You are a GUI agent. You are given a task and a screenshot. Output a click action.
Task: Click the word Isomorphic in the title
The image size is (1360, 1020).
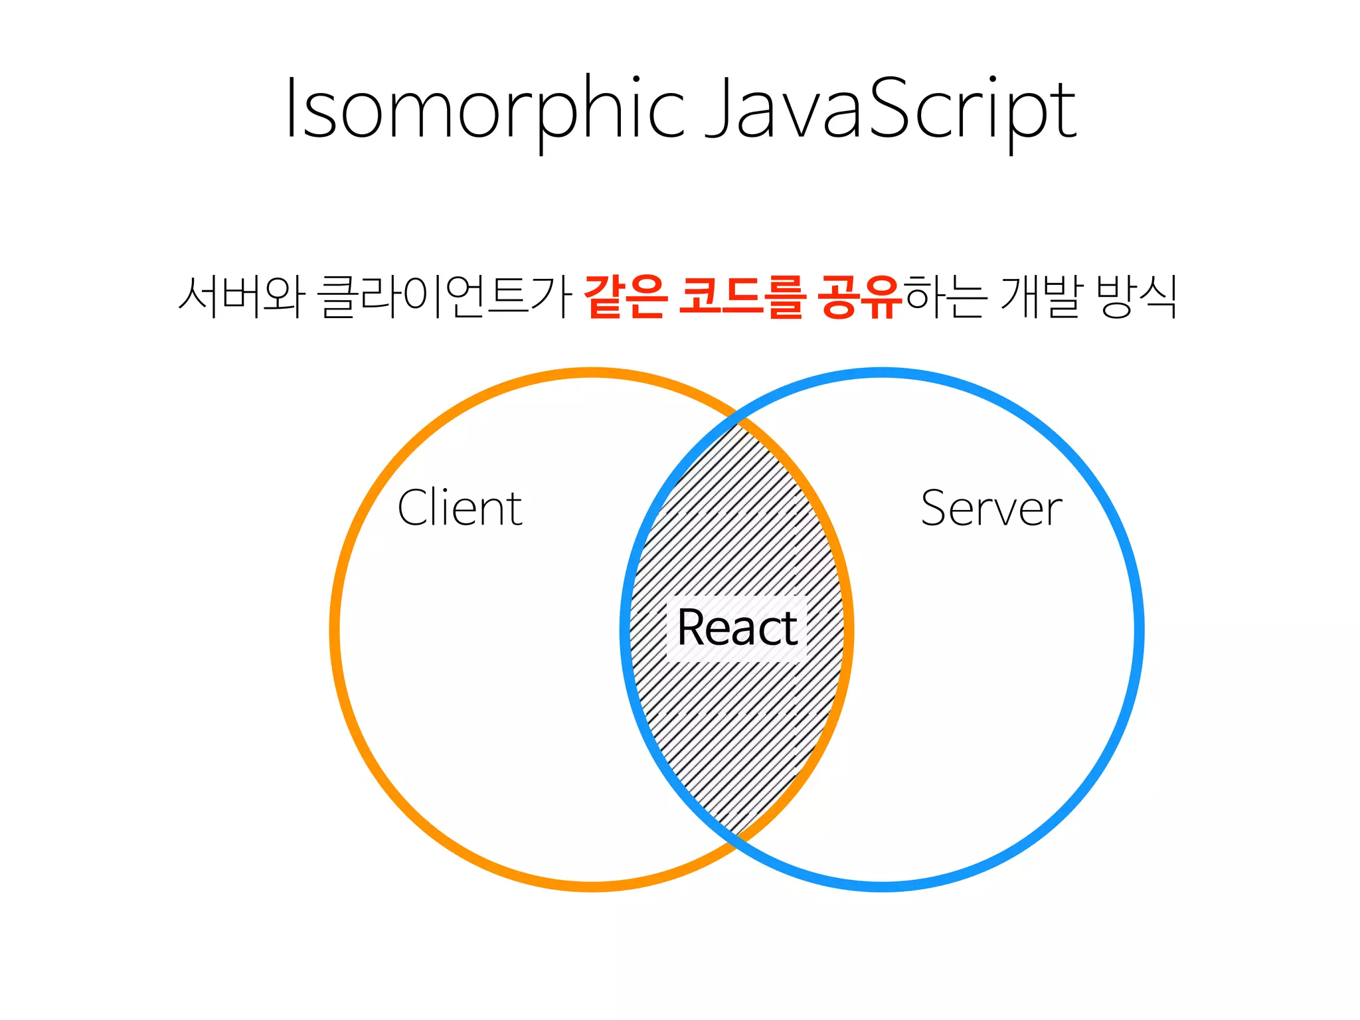tap(485, 110)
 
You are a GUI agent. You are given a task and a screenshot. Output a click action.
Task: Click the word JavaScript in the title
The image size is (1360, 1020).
tap(890, 110)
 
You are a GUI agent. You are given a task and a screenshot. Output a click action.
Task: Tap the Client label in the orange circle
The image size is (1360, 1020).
tap(460, 508)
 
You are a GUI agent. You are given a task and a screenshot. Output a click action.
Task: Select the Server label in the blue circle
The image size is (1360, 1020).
tap(991, 508)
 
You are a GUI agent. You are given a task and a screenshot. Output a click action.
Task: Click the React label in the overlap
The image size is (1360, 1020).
tap(737, 628)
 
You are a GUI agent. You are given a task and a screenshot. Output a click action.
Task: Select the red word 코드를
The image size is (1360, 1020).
tap(742, 296)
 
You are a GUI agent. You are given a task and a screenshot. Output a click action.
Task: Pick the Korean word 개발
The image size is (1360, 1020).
tap(1041, 296)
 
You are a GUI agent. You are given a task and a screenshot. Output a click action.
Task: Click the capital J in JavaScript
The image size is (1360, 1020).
tap(717, 106)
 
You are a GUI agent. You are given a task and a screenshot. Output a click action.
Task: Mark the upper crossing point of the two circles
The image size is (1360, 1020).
tap(738, 420)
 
